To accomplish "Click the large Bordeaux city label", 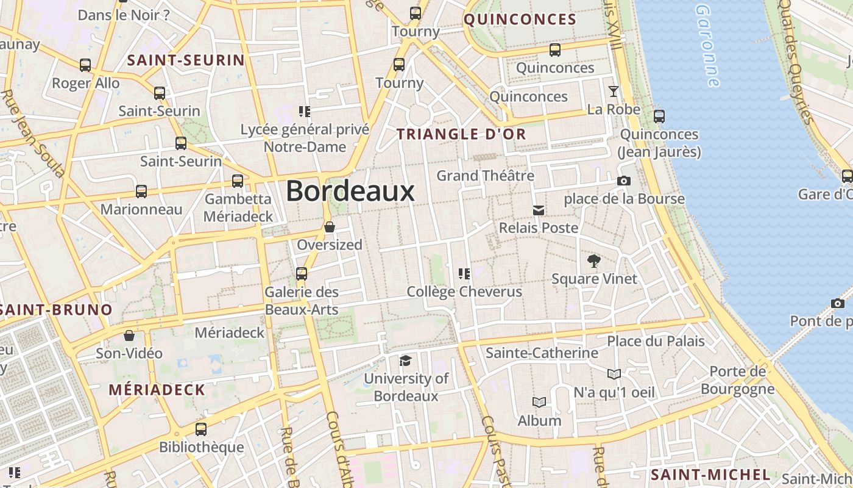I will pyautogui.click(x=350, y=192).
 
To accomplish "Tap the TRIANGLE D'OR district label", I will pyautogui.click(x=461, y=134).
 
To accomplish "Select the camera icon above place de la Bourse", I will pyautogui.click(x=623, y=181).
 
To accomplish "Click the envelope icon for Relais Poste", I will pyautogui.click(x=539, y=210).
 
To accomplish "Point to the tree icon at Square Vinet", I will pyautogui.click(x=594, y=262).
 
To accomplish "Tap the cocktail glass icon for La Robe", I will pyautogui.click(x=613, y=91).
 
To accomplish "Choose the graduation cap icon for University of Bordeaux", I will pyautogui.click(x=405, y=361).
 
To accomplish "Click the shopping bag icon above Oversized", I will pyautogui.click(x=330, y=227).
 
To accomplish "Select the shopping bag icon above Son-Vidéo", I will pyautogui.click(x=129, y=335).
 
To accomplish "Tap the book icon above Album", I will pyautogui.click(x=539, y=403).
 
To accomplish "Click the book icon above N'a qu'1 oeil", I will pyautogui.click(x=614, y=374).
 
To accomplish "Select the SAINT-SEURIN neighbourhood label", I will pyautogui.click(x=185, y=60).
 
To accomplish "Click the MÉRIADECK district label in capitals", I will pyautogui.click(x=157, y=390).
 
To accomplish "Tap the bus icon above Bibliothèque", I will pyautogui.click(x=201, y=429).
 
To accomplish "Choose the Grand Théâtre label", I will pyautogui.click(x=485, y=176).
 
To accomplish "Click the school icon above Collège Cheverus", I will pyautogui.click(x=464, y=273).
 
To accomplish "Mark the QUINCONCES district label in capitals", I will pyautogui.click(x=520, y=20).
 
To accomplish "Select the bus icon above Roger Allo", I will pyautogui.click(x=85, y=65).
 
